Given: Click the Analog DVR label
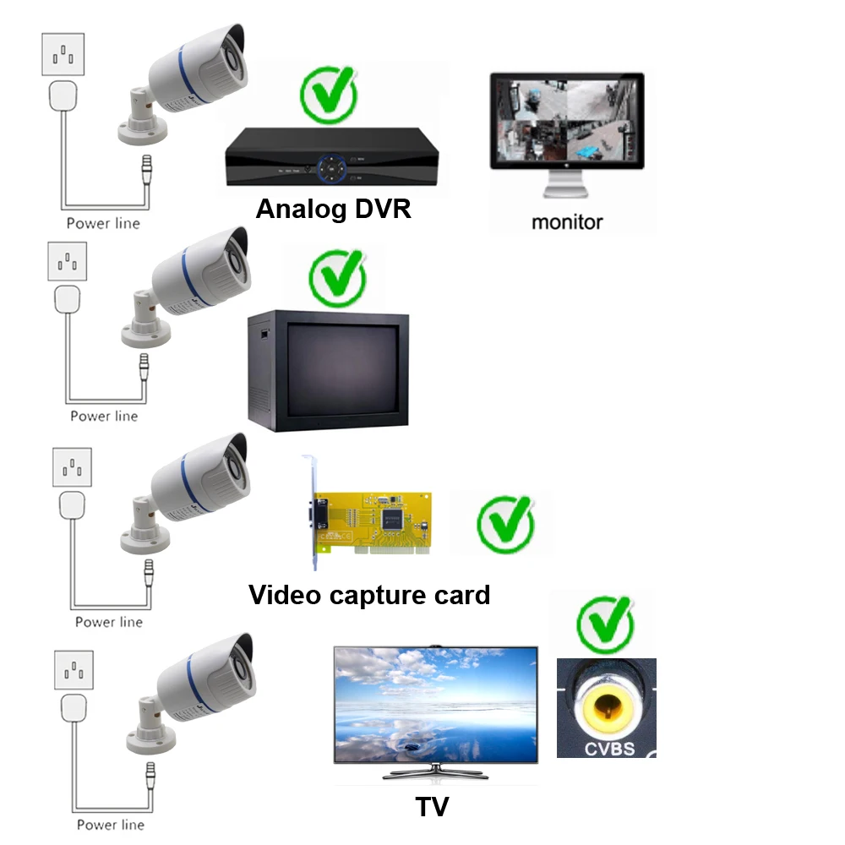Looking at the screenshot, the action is point(333,208).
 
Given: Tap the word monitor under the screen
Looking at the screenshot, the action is point(567,222).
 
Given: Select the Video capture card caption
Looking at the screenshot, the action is point(369,595).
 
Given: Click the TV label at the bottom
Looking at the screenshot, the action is point(432,806).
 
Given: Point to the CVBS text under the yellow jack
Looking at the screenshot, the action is point(607,748).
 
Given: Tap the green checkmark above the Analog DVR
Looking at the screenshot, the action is point(328,93).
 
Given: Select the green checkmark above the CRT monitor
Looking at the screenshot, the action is point(338,276).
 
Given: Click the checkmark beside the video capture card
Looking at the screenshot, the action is point(505,525).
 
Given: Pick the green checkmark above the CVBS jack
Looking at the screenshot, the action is point(605,624).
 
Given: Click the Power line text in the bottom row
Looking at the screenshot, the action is point(110,824).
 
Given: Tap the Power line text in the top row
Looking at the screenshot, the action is point(103,223).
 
